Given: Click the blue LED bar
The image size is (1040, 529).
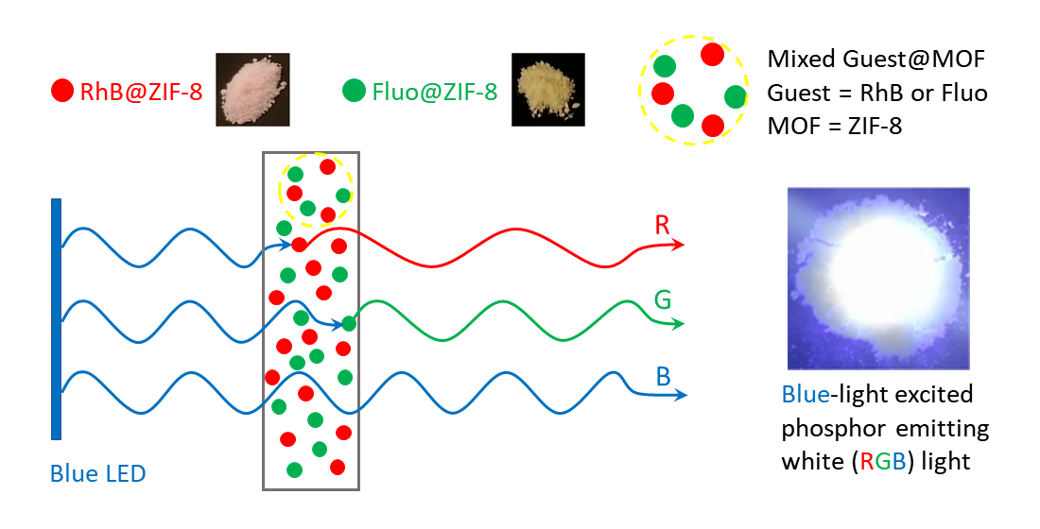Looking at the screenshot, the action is (x=57, y=319).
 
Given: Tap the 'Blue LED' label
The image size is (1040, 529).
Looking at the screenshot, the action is (x=98, y=474).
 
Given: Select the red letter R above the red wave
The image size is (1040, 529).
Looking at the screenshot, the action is (x=662, y=226).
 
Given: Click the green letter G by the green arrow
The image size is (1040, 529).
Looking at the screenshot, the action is (x=663, y=300).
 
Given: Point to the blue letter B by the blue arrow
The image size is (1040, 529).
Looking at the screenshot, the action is (x=664, y=377).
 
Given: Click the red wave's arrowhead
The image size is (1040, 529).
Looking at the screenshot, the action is (x=678, y=246).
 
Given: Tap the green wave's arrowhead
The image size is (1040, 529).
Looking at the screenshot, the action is (x=679, y=324).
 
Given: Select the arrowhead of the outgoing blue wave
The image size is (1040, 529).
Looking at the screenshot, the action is (x=680, y=396).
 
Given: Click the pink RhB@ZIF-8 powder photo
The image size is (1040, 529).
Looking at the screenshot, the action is (x=252, y=89).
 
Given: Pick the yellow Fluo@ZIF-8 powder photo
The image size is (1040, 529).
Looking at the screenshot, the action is (x=547, y=89).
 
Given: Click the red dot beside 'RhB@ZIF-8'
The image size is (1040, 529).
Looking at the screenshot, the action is (x=62, y=91).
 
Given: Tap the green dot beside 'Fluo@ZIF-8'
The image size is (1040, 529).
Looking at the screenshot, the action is (x=355, y=91).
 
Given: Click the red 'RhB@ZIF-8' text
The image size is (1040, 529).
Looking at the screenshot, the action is (x=141, y=92).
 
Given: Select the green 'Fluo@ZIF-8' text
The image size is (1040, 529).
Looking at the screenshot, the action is (x=435, y=92).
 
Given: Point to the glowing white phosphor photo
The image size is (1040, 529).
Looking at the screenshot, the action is (x=878, y=279).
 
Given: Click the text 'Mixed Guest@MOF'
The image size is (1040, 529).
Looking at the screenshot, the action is (x=876, y=59).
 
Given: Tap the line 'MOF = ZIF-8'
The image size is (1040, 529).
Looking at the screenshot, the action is (x=835, y=126).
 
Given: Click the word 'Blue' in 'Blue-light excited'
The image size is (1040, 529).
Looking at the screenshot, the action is (x=806, y=394).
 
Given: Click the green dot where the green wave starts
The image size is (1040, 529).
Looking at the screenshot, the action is (x=349, y=324).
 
